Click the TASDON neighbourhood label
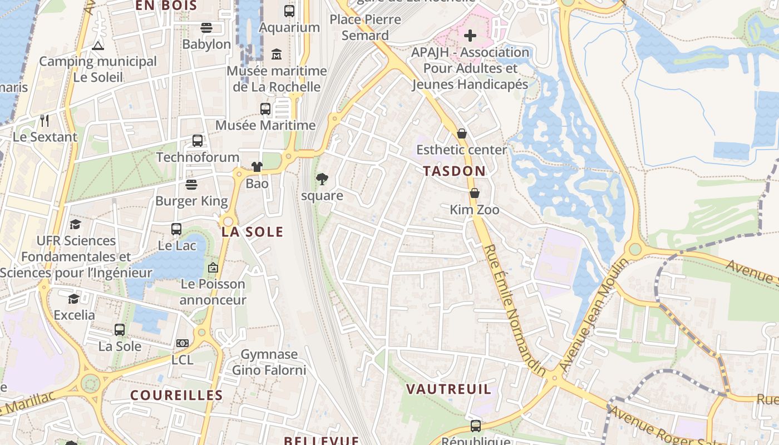tap(454, 171)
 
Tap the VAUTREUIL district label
tap(448, 389)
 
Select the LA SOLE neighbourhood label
tap(252, 232)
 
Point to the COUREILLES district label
tap(176, 395)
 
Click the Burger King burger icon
tap(191, 185)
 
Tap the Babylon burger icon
tap(206, 28)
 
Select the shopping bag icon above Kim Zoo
tap(474, 193)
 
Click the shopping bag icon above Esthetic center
tap(461, 133)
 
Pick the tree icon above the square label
tap(322, 179)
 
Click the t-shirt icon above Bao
tap(257, 166)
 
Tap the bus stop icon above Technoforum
tap(198, 141)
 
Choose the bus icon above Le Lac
tap(176, 229)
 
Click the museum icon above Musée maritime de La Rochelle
tap(277, 55)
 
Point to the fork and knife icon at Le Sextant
tap(45, 120)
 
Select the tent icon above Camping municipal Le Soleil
tap(98, 46)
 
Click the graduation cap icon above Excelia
tap(73, 299)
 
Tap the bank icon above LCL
tap(182, 343)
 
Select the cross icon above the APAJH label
tap(470, 36)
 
